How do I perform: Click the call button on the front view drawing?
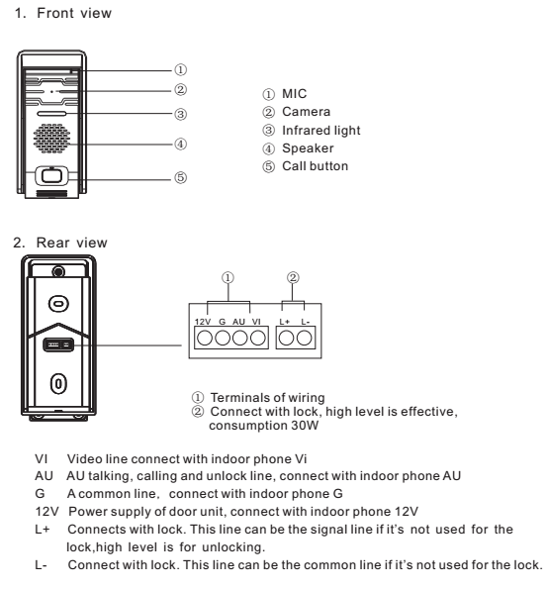[51, 176]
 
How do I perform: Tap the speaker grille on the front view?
[51, 139]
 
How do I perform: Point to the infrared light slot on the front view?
[51, 114]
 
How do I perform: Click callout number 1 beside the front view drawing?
[181, 70]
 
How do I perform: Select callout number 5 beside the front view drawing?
[181, 177]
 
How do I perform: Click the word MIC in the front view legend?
[295, 93]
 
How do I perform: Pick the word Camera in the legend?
[307, 112]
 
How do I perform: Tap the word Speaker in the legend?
[308, 148]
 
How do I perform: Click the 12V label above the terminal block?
[203, 322]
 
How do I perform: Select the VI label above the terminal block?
[256, 322]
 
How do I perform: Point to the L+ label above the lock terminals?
[285, 322]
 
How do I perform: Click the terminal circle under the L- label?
[304, 338]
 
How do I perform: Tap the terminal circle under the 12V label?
[205, 338]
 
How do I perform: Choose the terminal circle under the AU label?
[240, 338]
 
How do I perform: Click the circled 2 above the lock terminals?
[293, 277]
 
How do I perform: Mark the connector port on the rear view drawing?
[58, 344]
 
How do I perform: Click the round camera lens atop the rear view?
[58, 271]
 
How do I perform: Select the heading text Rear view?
[71, 243]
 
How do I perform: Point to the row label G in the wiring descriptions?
[40, 493]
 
